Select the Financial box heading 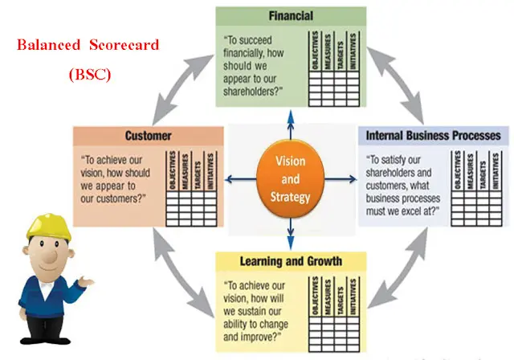[291, 14]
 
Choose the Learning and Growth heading [291, 260]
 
